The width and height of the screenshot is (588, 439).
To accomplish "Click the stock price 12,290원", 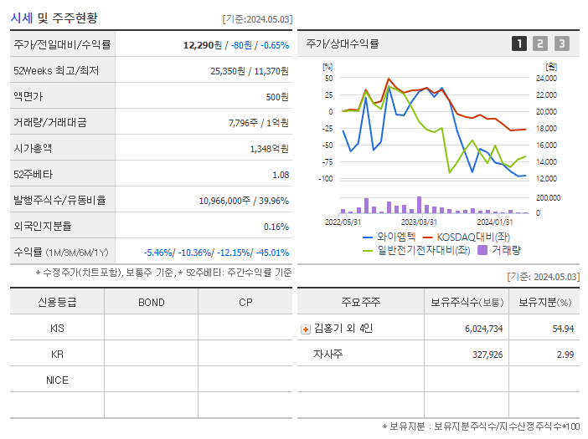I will [204, 44].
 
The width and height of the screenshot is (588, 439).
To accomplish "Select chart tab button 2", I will [540, 43].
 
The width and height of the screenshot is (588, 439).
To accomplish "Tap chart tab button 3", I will [561, 43].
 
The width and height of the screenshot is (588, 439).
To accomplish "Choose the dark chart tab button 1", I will [519, 43].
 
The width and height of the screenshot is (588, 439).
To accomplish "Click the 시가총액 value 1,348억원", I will [269, 148].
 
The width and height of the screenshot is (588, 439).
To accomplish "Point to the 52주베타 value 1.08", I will [281, 175].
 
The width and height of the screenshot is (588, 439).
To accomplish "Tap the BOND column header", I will [151, 303].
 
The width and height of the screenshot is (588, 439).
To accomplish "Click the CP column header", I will [245, 303].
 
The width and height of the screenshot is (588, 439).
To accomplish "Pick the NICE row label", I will [57, 380].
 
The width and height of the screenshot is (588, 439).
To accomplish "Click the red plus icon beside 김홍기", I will [306, 329].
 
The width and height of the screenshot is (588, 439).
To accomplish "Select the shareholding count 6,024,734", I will [483, 329].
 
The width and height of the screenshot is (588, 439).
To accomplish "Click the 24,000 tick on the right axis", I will [545, 79].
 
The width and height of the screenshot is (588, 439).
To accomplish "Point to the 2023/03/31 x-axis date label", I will [419, 222].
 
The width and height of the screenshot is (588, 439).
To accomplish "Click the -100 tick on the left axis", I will [328, 179].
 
